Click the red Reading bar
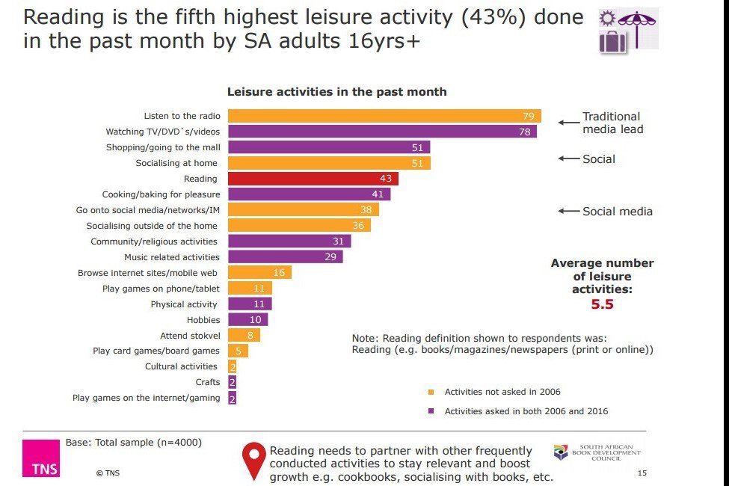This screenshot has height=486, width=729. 313,179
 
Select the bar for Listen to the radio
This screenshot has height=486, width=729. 384,116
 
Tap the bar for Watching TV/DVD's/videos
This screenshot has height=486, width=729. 381,132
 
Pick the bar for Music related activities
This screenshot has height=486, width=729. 285,257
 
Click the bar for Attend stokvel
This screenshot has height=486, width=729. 243,335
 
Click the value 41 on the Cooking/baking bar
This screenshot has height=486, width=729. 378,194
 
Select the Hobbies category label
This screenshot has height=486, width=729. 203,320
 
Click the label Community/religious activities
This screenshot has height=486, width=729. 154,242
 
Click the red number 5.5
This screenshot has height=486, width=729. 602,305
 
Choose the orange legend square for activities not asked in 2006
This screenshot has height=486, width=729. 431,392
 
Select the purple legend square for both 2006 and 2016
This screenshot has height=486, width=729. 431,411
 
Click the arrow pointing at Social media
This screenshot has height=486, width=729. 570,212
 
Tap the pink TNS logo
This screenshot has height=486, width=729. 41,458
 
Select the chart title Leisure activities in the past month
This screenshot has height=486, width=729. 336,92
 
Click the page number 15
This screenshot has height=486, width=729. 642,473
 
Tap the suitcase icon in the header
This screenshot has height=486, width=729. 612,40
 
